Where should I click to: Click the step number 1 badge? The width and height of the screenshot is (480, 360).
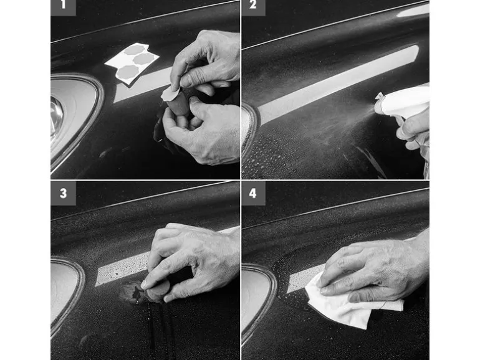[63, 7]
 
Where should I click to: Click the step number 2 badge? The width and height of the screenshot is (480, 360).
[253, 7]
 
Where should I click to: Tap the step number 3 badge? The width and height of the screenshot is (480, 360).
[63, 193]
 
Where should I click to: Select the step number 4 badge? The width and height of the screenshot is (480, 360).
[253, 193]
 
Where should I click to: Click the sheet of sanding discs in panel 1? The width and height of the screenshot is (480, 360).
[132, 64]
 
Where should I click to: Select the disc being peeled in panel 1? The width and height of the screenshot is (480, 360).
[170, 93]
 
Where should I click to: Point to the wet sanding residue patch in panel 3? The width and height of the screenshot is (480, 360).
[132, 293]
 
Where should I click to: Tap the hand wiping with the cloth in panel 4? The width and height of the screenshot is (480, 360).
[373, 269]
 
